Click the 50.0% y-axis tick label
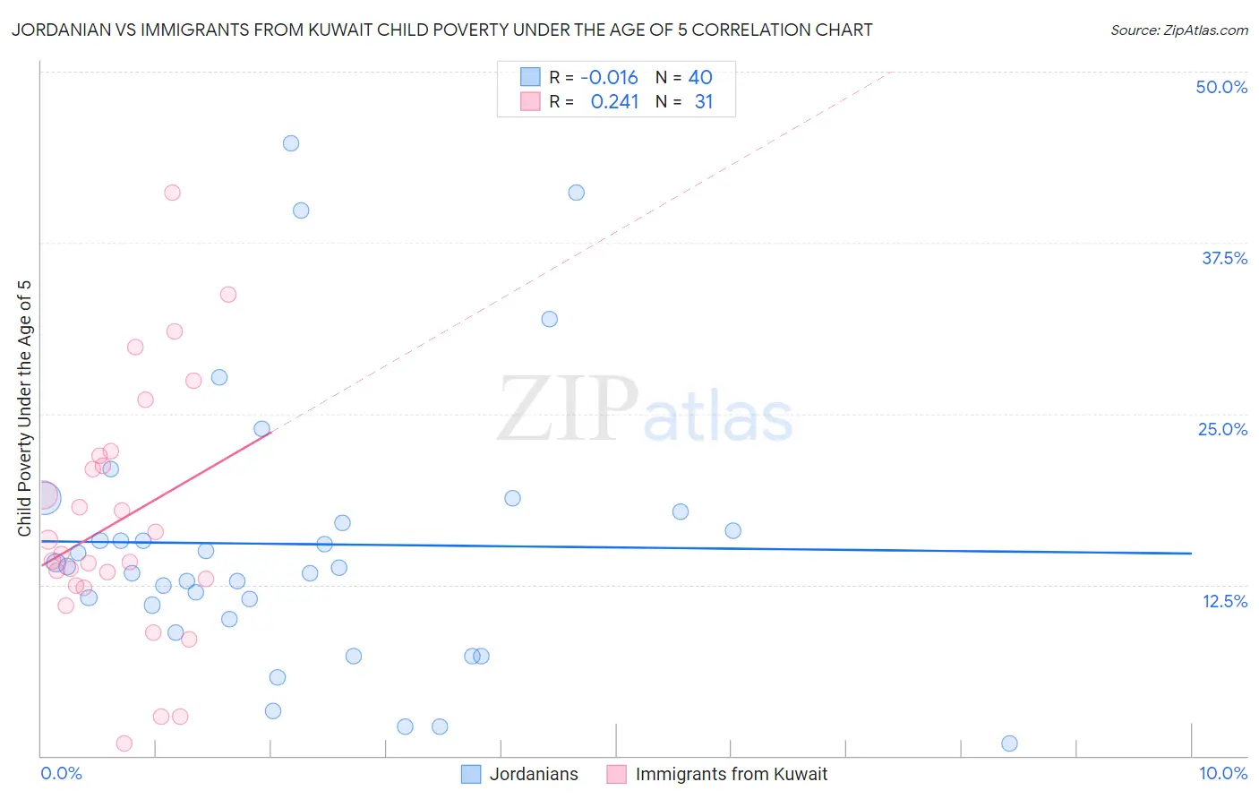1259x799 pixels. pyautogui.click(x=1221, y=87)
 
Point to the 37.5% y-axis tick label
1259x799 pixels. pyautogui.click(x=1224, y=258)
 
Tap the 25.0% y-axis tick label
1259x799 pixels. pyautogui.click(x=1222, y=429)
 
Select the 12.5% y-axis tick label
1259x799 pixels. pyautogui.click(x=1224, y=601)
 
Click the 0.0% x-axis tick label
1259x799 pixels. pyautogui.click(x=61, y=773)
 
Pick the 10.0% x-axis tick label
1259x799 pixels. pyautogui.click(x=1222, y=773)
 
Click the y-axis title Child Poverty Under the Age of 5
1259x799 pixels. pyautogui.click(x=24, y=408)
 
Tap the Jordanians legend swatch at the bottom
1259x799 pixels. pyautogui.click(x=471, y=774)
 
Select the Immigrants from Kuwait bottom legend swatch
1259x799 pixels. pyautogui.click(x=616, y=774)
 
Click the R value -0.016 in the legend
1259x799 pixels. pyautogui.click(x=609, y=78)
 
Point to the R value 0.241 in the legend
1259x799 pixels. pyautogui.click(x=614, y=102)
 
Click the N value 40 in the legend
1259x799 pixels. pyautogui.click(x=700, y=78)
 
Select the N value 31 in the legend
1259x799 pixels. pyautogui.click(x=704, y=102)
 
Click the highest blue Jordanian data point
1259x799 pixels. pyautogui.click(x=291, y=143)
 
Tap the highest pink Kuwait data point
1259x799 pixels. pyautogui.click(x=173, y=193)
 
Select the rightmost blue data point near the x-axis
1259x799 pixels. pyautogui.click(x=1009, y=743)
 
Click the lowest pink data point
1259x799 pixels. pyautogui.click(x=124, y=743)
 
